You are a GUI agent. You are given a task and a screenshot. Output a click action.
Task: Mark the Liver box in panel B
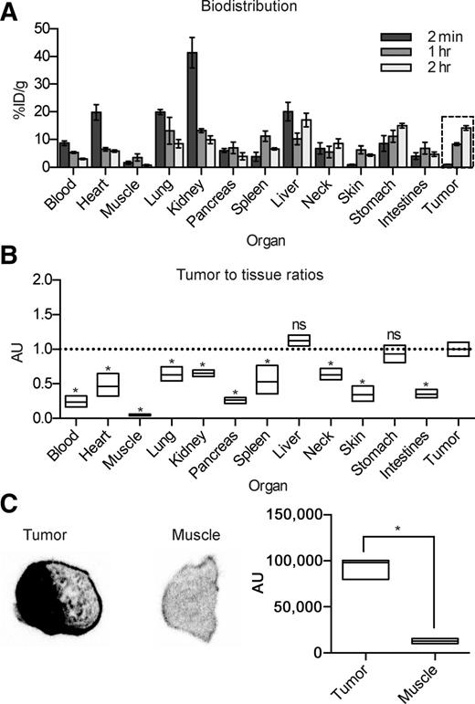(299, 341)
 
